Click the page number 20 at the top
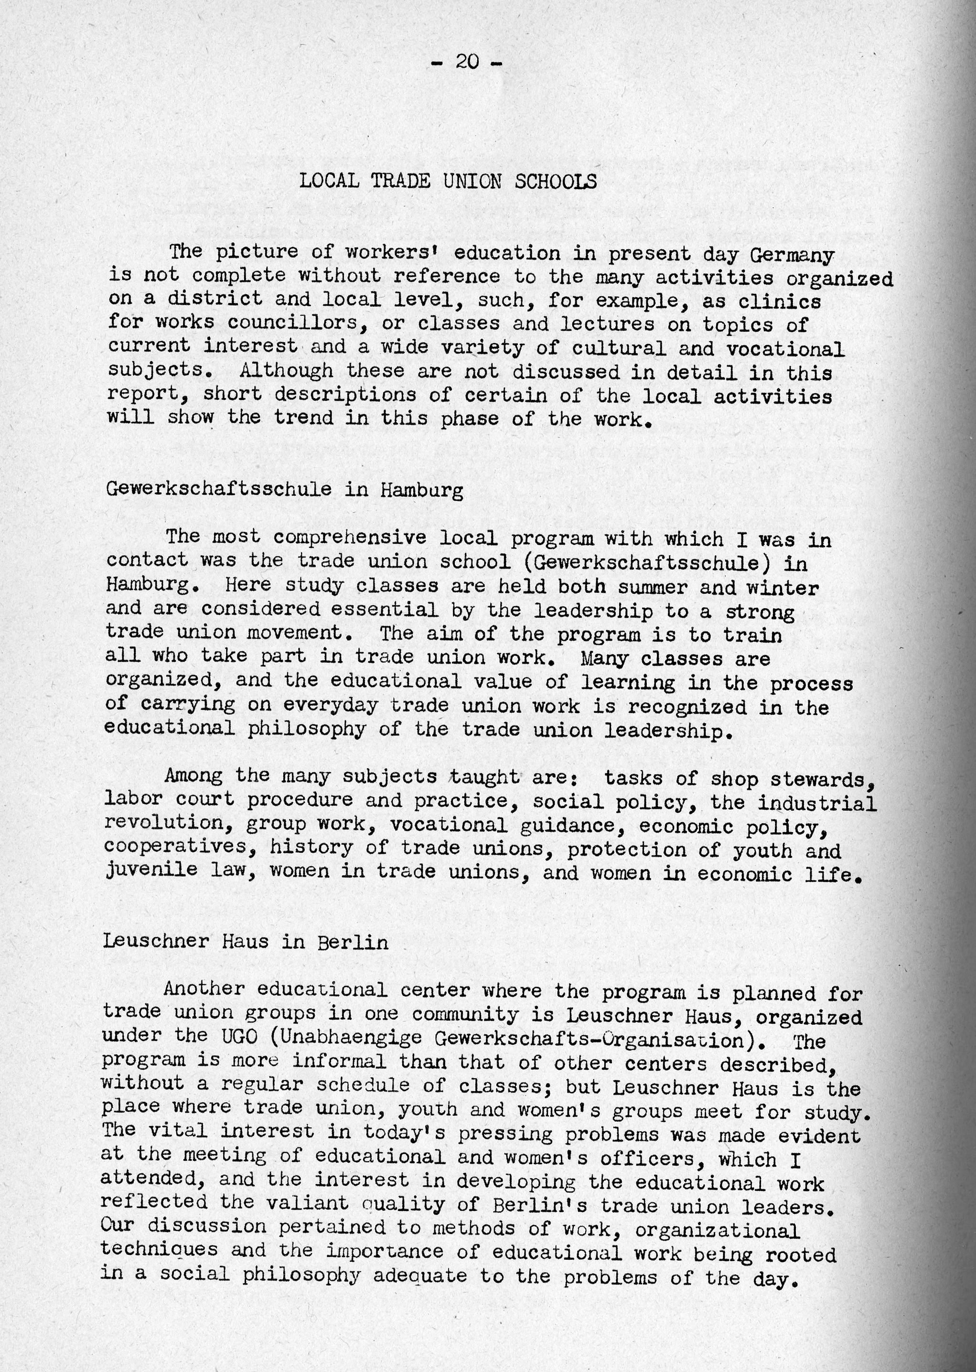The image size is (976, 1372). (466, 61)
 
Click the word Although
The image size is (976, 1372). (286, 371)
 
